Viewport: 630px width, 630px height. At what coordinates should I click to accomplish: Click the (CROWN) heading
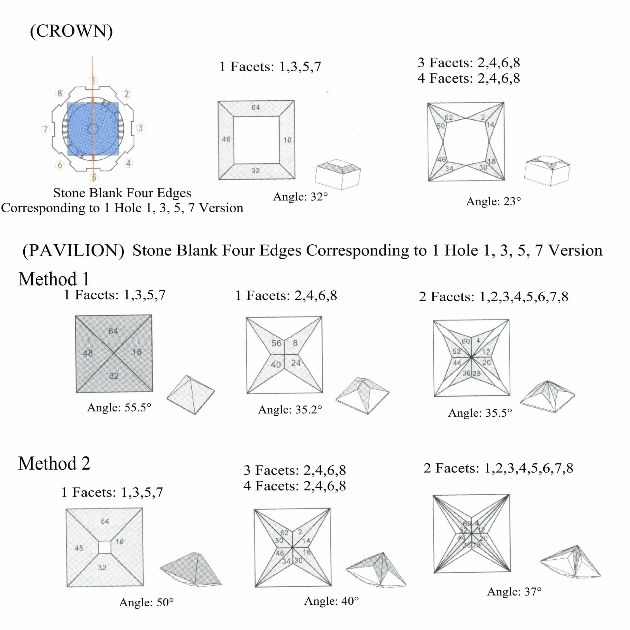(x=71, y=31)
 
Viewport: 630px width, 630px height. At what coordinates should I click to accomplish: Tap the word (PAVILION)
(x=73, y=251)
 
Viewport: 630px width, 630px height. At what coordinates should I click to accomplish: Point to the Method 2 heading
(x=54, y=463)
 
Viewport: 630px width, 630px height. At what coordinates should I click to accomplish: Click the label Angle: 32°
(x=300, y=197)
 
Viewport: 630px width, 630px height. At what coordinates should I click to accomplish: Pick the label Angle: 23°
(x=493, y=202)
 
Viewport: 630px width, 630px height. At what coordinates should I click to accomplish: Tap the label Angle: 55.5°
(x=119, y=408)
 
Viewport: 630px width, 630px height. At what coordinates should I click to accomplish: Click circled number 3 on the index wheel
(x=140, y=128)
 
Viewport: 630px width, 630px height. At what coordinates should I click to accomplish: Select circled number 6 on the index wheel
(x=60, y=165)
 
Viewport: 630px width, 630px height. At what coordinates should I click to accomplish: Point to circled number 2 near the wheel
(x=126, y=94)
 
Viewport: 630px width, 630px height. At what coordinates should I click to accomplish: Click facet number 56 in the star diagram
(x=276, y=343)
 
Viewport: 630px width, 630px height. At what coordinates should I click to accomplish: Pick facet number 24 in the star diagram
(x=295, y=363)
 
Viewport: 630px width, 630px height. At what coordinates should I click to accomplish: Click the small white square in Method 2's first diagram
(x=104, y=547)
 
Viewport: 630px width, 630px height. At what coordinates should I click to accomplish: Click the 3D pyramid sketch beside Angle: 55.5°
(x=190, y=394)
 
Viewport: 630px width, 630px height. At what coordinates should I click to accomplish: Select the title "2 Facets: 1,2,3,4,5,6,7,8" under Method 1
(x=493, y=297)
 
